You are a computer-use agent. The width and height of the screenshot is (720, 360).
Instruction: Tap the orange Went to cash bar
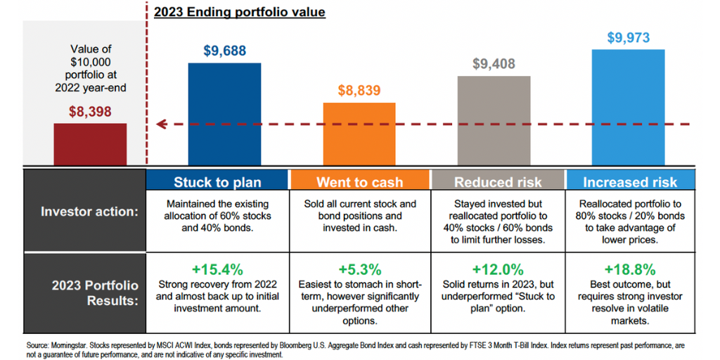[359, 134]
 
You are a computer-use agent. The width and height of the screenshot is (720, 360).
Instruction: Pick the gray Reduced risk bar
[494, 120]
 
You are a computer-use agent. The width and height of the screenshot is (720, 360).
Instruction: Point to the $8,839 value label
[359, 91]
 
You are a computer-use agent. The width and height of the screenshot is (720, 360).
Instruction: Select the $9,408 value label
[494, 64]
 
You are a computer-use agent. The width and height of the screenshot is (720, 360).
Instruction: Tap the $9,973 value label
[629, 38]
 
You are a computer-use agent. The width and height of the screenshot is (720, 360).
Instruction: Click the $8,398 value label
[90, 111]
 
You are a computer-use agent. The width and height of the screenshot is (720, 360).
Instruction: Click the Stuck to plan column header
[217, 182]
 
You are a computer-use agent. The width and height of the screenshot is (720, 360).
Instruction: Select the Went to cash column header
[359, 182]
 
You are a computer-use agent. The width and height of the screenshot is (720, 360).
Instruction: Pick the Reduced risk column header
[497, 182]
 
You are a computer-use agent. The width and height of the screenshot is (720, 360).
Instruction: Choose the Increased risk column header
[629, 182]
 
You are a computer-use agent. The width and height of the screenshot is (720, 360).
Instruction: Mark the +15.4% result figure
[217, 269]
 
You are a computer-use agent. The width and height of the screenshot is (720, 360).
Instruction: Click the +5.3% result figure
[359, 269]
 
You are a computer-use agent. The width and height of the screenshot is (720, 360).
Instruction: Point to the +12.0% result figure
[497, 269]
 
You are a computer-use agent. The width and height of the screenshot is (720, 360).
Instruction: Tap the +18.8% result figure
[629, 269]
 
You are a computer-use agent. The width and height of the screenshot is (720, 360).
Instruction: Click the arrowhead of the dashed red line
[160, 124]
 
